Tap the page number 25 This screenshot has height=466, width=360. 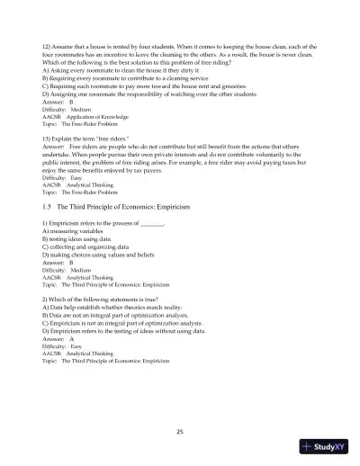(180, 432)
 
